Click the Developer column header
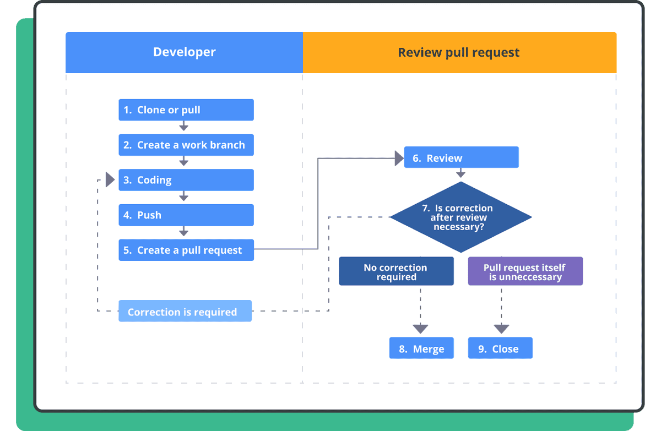(184, 52)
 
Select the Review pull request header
(459, 52)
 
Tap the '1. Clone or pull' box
(186, 110)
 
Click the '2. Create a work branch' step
(186, 145)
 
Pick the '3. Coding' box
(186, 180)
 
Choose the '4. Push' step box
(186, 215)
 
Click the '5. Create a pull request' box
(186, 250)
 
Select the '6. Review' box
(461, 157)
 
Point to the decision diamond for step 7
(460, 217)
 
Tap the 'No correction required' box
(396, 271)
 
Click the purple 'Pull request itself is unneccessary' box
(525, 271)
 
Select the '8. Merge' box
(421, 348)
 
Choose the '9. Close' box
(500, 348)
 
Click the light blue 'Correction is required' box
(185, 310)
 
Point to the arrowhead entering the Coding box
(110, 180)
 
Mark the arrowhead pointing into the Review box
(399, 159)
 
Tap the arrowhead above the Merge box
(420, 329)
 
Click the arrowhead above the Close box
(501, 329)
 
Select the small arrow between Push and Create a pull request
(183, 231)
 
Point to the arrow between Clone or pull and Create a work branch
(183, 126)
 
